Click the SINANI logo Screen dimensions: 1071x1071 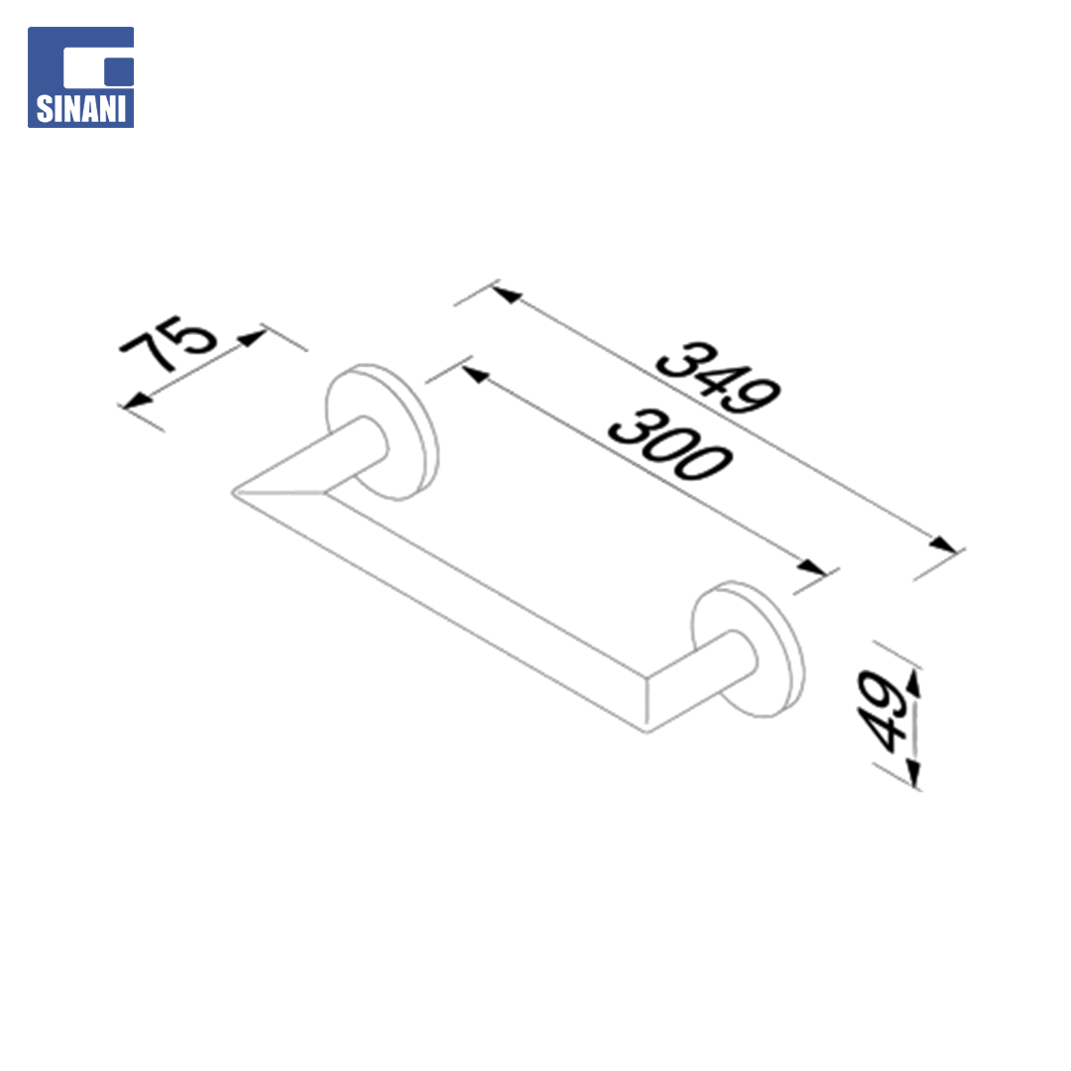click(80, 77)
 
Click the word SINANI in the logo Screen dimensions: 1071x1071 click(80, 109)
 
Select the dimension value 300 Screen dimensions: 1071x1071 click(670, 444)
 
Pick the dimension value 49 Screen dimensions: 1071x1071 click(882, 710)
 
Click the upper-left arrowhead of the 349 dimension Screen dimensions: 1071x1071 click(506, 295)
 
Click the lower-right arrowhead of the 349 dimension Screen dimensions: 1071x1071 click(943, 544)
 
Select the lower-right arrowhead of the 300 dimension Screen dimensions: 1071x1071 click(812, 567)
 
